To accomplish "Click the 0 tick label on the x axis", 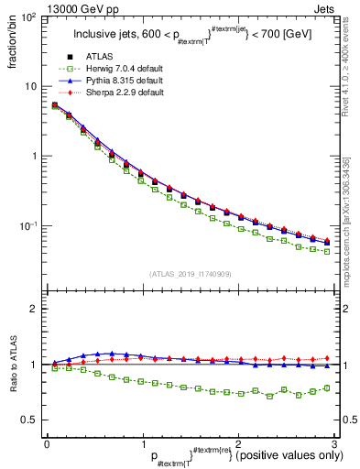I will (x=47, y=443).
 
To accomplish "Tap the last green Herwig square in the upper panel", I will (x=326, y=251).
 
